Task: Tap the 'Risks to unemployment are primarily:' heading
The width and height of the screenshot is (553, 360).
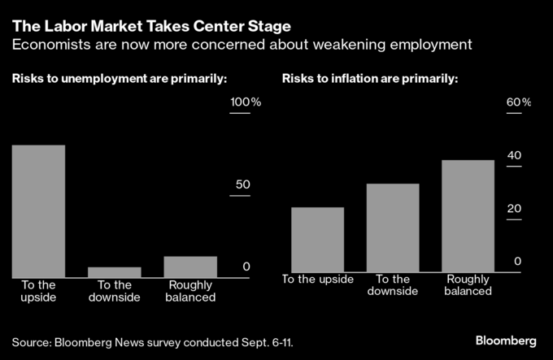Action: (x=119, y=79)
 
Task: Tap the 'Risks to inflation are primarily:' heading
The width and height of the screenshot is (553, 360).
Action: (x=370, y=79)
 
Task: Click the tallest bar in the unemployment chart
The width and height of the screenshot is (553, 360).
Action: (x=38, y=211)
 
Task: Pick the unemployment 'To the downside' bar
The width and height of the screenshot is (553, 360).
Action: (x=114, y=272)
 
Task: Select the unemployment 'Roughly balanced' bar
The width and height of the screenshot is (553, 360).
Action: (x=190, y=267)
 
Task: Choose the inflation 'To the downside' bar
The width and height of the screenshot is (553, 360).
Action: (x=393, y=228)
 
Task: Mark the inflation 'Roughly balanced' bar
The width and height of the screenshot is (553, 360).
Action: (x=468, y=216)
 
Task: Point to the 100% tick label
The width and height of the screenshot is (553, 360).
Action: (x=246, y=102)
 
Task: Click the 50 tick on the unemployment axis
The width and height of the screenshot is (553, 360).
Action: (x=242, y=184)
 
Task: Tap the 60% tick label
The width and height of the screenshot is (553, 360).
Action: (x=519, y=102)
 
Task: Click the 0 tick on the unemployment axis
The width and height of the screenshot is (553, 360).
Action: (x=246, y=267)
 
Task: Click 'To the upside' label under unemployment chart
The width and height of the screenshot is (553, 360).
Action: (x=38, y=291)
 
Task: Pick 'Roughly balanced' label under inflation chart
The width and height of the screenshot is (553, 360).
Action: (x=468, y=284)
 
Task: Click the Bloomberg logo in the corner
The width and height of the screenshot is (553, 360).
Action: (x=506, y=338)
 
